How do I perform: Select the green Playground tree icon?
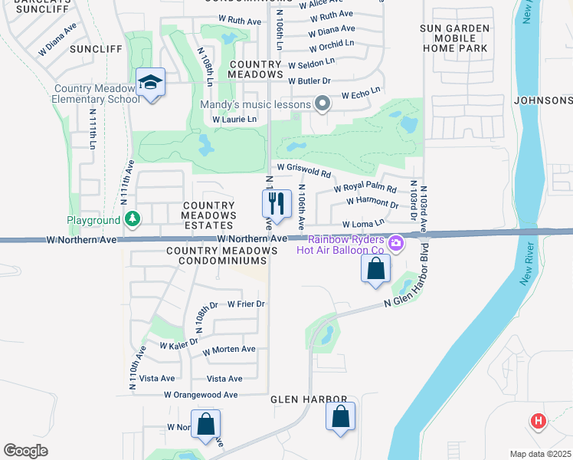133,220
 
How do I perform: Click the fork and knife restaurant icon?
277,204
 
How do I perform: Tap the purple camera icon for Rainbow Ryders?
396,244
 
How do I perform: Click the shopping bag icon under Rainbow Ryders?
375,269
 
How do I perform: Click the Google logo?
26,451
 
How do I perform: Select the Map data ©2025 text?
539,454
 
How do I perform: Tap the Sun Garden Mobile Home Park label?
464,38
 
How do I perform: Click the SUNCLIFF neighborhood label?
96,48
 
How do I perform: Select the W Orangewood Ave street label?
201,394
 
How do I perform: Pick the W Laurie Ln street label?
234,120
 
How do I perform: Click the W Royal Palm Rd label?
365,189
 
